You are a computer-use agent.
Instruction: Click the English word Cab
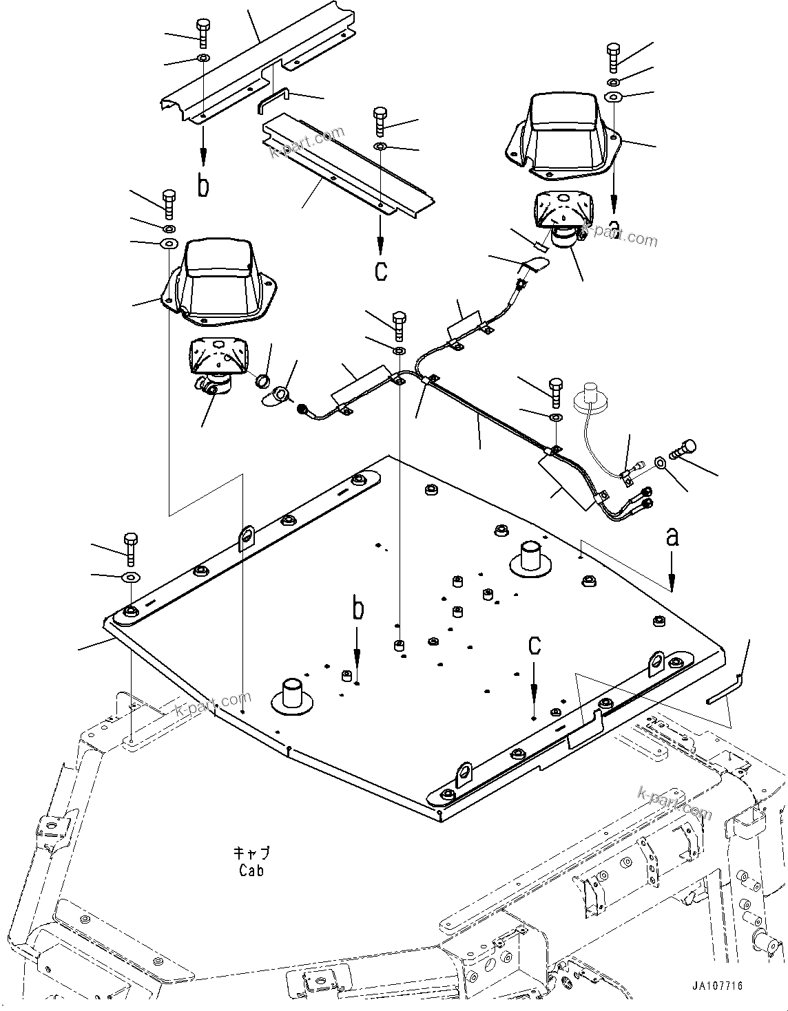251,870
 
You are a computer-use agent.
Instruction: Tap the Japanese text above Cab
251,853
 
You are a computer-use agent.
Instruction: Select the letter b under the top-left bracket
203,186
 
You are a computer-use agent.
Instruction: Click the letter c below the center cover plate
381,270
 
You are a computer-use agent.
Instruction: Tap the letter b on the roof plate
357,610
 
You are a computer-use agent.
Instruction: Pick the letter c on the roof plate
535,645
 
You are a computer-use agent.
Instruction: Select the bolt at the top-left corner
203,32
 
